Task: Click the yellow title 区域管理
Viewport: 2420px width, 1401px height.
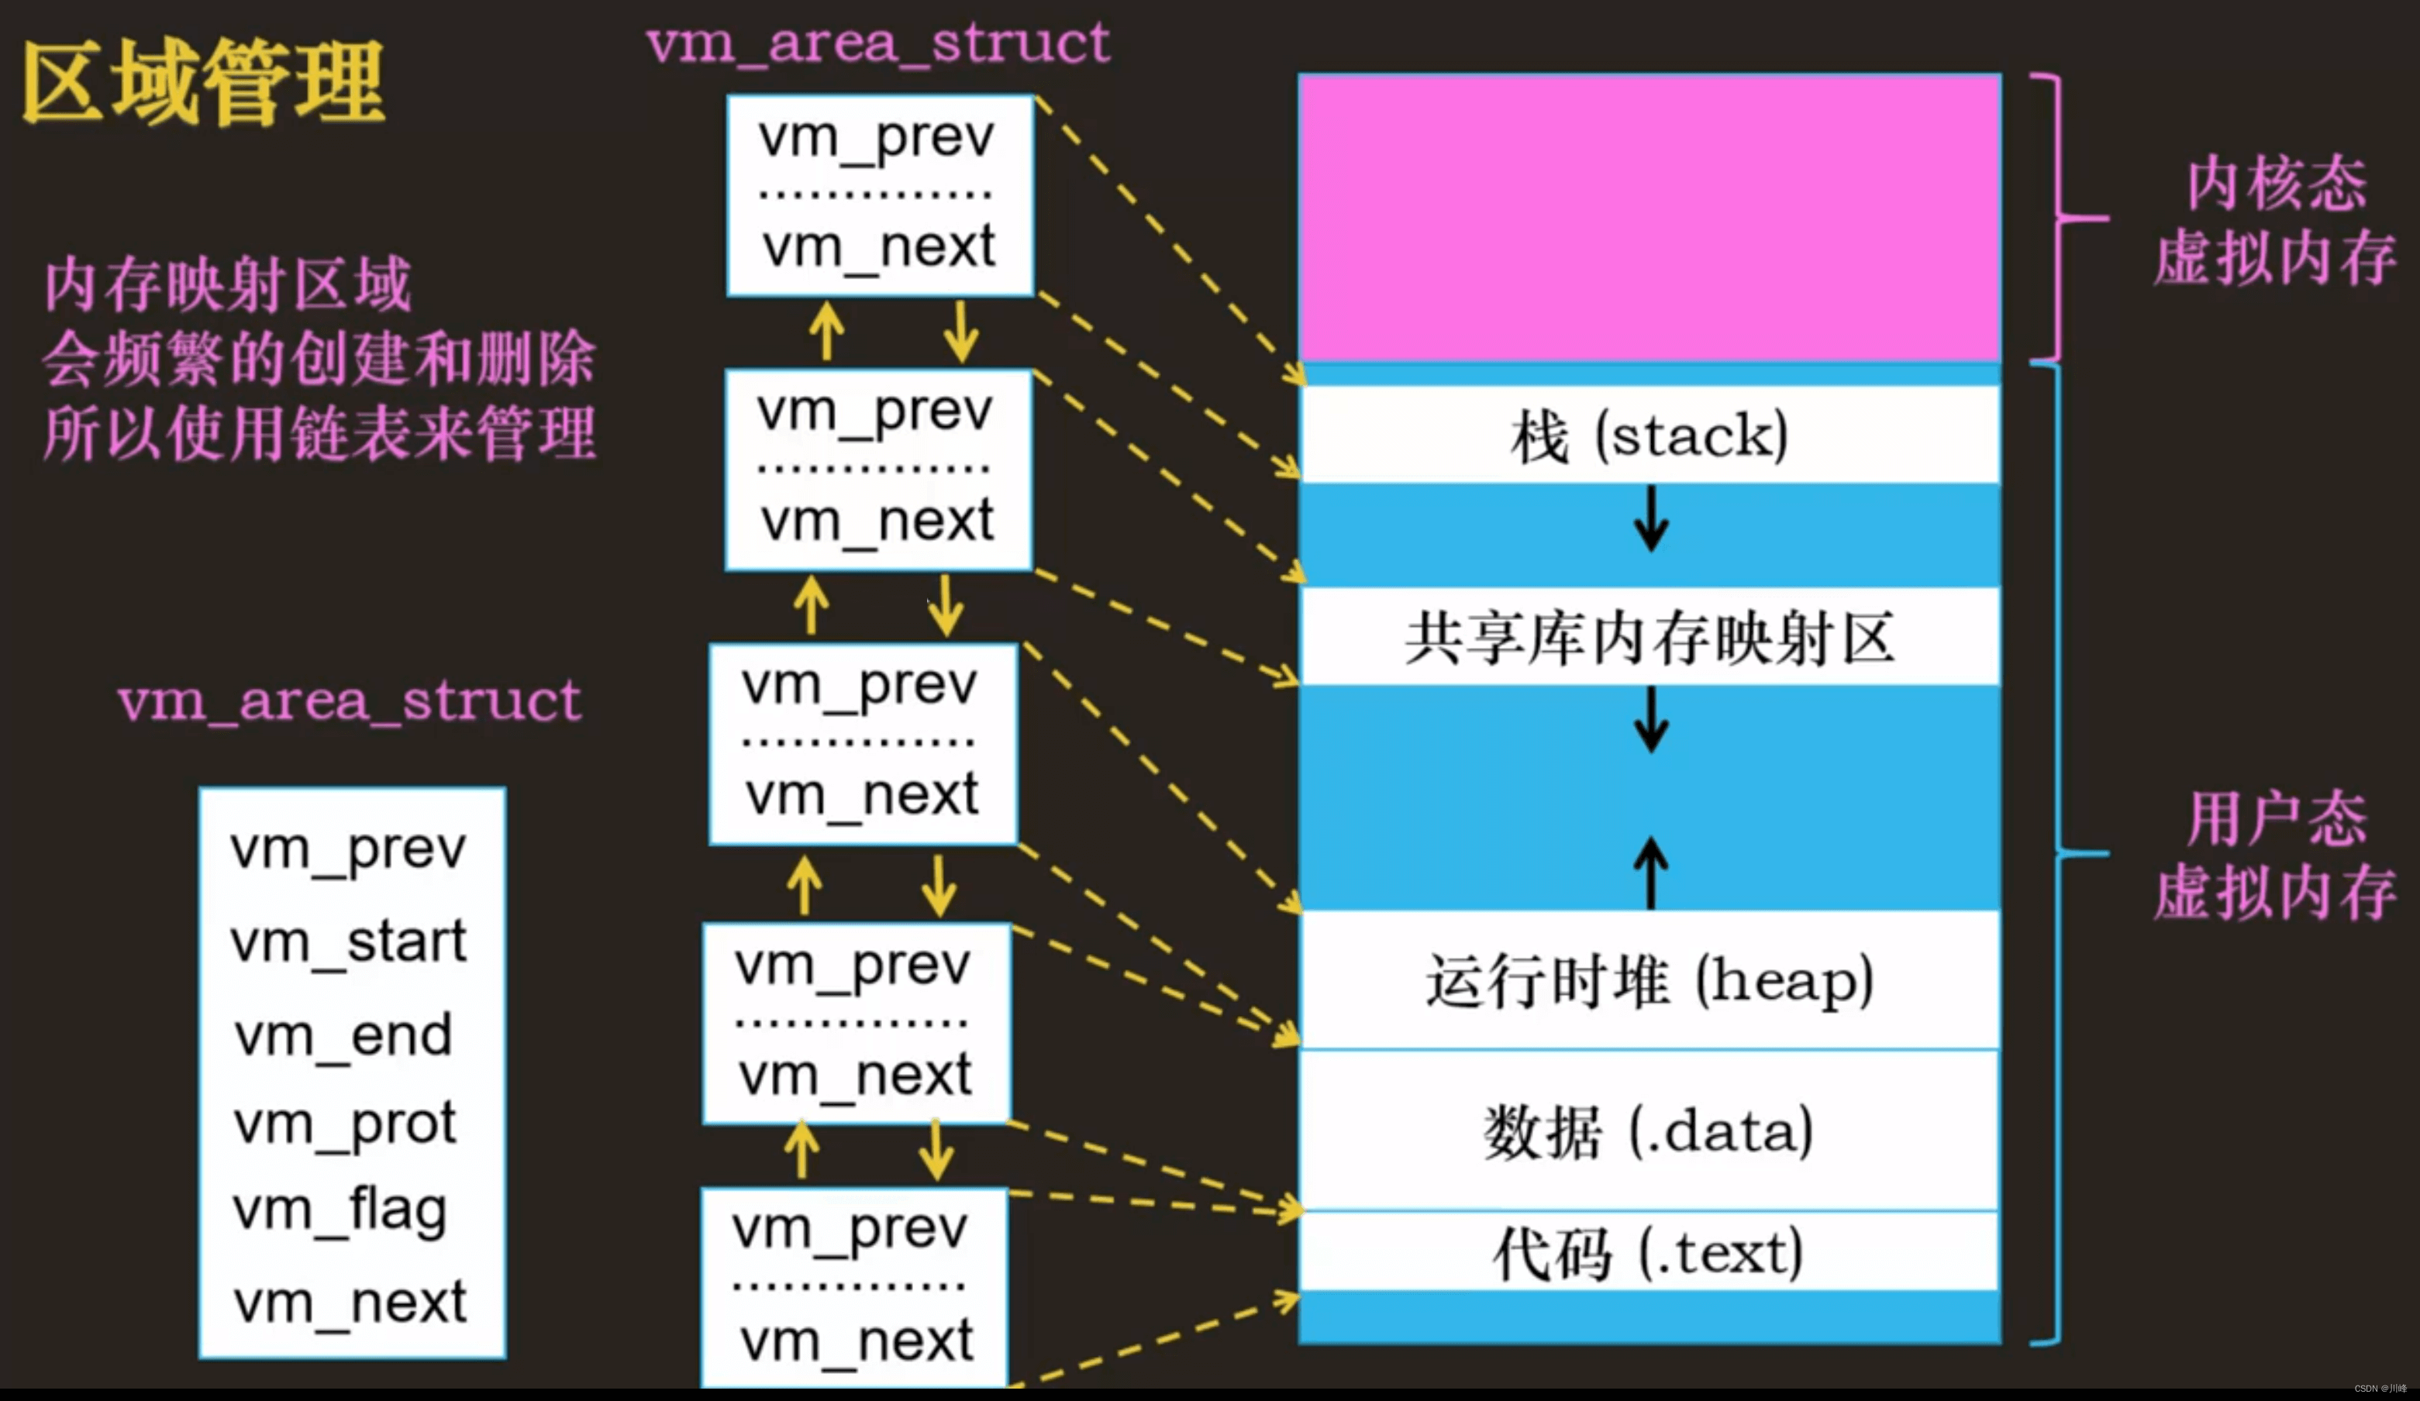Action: [x=204, y=83]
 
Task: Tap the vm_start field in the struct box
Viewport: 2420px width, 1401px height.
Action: [x=347, y=941]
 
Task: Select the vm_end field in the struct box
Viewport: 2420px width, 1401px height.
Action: [x=343, y=1035]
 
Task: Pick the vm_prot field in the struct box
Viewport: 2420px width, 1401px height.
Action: [x=345, y=1124]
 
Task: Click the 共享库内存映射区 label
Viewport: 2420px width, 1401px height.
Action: [x=1649, y=638]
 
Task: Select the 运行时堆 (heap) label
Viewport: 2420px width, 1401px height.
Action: [x=1649, y=981]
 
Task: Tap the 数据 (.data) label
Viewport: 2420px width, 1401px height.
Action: [x=1649, y=1131]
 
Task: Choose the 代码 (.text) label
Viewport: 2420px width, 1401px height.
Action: [x=1649, y=1253]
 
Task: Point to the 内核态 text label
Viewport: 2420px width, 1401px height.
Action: [x=2276, y=182]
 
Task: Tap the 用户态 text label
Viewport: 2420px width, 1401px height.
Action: [x=2276, y=818]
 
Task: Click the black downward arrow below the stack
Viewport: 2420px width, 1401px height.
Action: [x=1651, y=518]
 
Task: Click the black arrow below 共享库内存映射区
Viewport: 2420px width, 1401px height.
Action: [x=1651, y=720]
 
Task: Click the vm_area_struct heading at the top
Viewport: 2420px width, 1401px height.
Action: [x=877, y=43]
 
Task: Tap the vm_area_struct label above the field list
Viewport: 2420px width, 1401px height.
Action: [x=350, y=701]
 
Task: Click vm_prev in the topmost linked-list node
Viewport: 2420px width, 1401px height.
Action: [x=876, y=137]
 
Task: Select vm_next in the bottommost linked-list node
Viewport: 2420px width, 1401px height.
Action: [x=857, y=1341]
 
